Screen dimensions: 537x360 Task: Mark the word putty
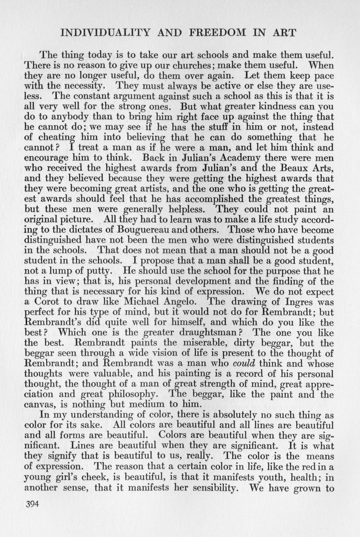click(x=100, y=271)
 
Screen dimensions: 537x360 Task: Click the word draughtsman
click(x=212, y=333)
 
